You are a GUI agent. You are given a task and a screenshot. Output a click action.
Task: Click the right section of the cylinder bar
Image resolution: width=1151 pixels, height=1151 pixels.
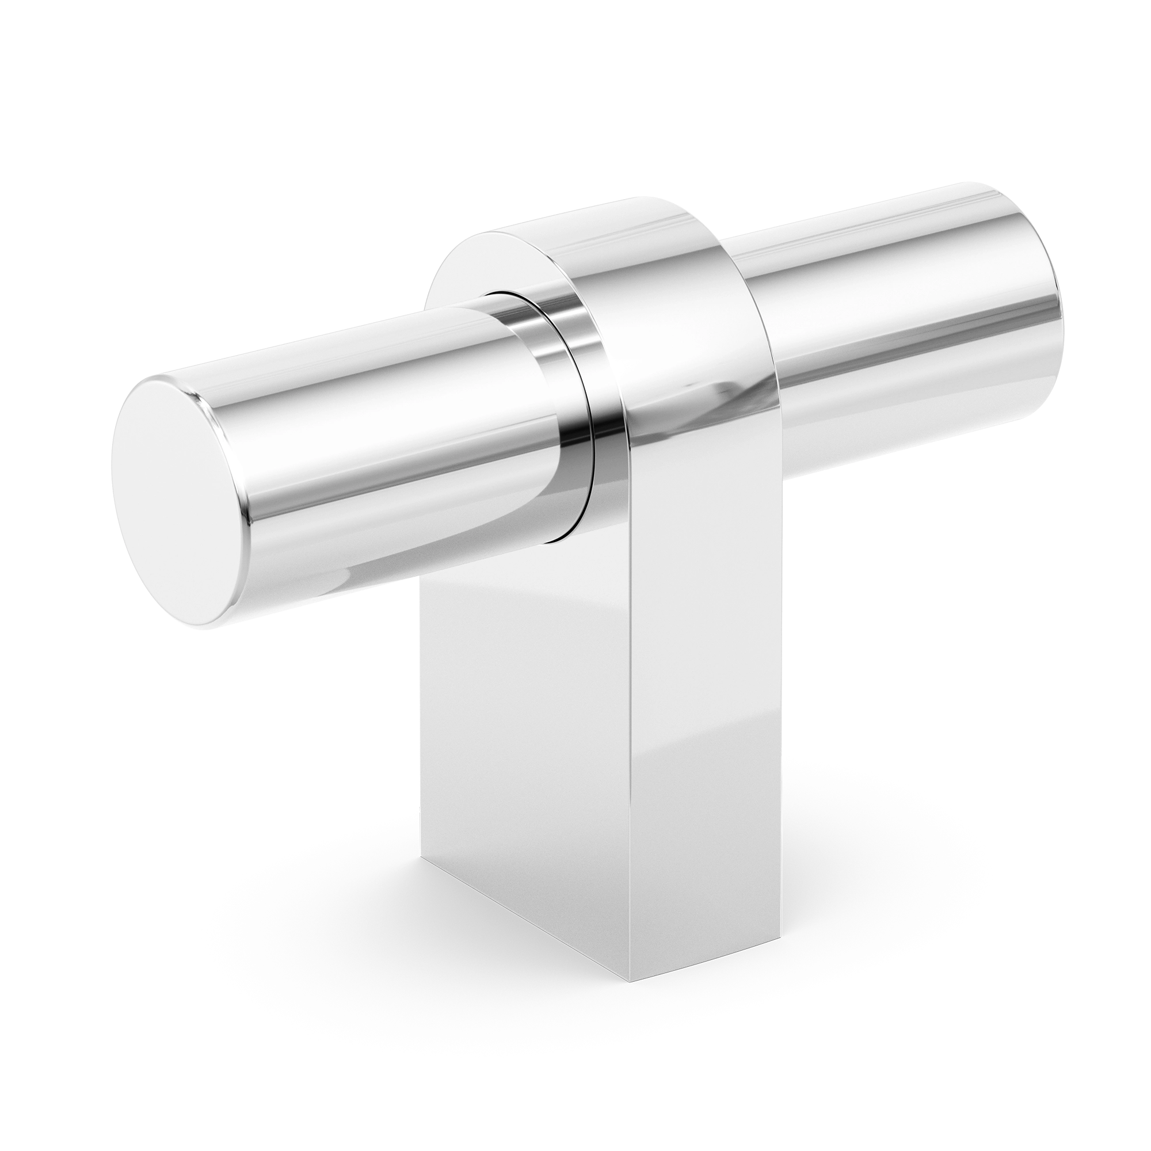click(894, 310)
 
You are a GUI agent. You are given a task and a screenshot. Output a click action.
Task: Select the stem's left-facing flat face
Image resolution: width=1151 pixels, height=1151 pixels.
click(524, 745)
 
